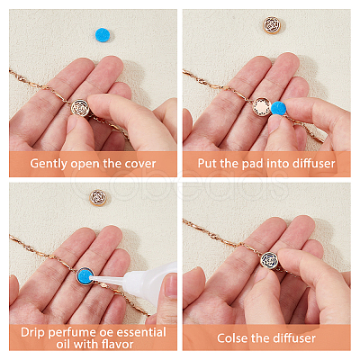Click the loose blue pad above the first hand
click(x=103, y=35)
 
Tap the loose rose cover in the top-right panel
click(x=272, y=25)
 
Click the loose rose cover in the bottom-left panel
click(x=98, y=198)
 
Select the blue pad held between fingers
click(x=279, y=108)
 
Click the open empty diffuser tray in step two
click(x=261, y=107)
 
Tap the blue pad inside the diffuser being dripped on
click(x=85, y=276)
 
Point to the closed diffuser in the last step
click(x=269, y=260)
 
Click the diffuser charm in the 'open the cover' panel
click(x=80, y=108)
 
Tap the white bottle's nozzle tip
click(x=93, y=278)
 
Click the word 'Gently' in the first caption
click(x=49, y=164)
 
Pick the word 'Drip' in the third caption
click(x=33, y=332)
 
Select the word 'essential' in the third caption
click(x=141, y=332)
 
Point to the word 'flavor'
click(x=117, y=344)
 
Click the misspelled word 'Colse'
click(x=232, y=338)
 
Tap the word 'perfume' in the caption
click(x=72, y=333)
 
